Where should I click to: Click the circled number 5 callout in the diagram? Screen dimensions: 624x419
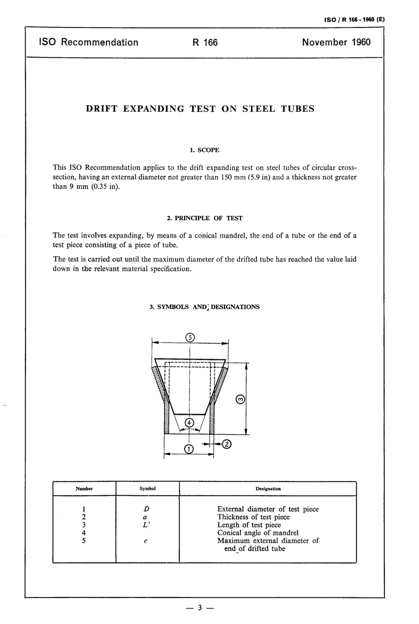pyautogui.click(x=190, y=338)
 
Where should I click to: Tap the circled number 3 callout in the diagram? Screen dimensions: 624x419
pyautogui.click(x=240, y=399)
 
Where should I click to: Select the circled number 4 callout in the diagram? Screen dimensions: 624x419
pyautogui.click(x=189, y=422)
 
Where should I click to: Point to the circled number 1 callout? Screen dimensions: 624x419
pyautogui.click(x=189, y=449)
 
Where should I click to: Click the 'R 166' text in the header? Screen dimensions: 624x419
pyautogui.click(x=205, y=42)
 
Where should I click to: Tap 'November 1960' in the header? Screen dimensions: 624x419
pyautogui.click(x=336, y=42)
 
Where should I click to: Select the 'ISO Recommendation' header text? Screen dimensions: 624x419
pyautogui.click(x=89, y=42)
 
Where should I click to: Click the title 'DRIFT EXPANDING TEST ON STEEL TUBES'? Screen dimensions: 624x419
pyautogui.click(x=200, y=109)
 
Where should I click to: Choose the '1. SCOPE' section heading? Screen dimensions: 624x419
pyautogui.click(x=204, y=150)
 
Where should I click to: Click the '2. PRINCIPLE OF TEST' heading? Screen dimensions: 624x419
pyautogui.click(x=204, y=218)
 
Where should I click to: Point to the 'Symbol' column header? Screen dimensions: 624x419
pyautogui.click(x=147, y=489)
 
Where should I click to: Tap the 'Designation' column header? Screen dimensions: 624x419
pyautogui.click(x=268, y=489)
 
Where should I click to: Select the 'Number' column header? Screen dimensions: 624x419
pyautogui.click(x=84, y=489)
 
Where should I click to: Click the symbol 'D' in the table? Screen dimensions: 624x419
pyautogui.click(x=146, y=509)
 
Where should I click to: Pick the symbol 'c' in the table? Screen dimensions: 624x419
pyautogui.click(x=146, y=541)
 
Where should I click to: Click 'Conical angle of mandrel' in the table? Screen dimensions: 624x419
pyautogui.click(x=258, y=533)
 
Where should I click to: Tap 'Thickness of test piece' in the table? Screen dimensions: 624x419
pyautogui.click(x=254, y=517)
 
